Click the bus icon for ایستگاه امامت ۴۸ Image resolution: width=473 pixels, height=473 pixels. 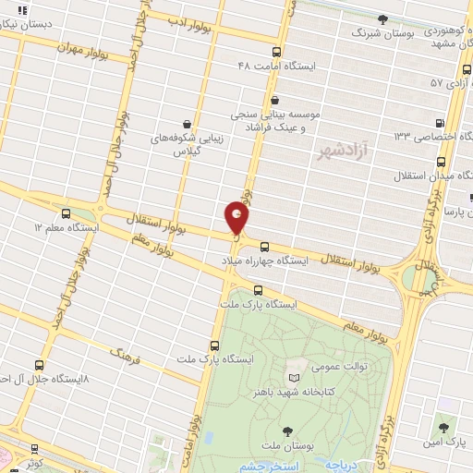277,52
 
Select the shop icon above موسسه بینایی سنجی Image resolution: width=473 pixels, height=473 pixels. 274,99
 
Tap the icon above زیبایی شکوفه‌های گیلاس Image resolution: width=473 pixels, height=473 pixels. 188,123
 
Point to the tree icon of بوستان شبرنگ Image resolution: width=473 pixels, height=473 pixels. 382,18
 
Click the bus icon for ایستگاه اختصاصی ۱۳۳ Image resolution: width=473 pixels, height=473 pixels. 439,122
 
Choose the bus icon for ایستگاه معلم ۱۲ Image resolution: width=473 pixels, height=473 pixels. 78,212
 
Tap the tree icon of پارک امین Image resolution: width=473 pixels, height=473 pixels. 444,427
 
